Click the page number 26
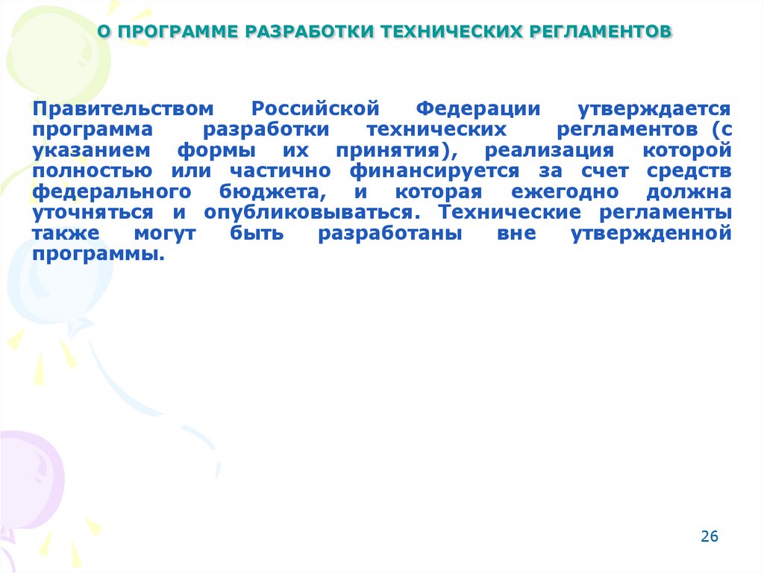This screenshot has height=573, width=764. point(709,536)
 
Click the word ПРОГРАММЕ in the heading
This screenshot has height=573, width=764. point(174,32)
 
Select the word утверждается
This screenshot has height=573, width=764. point(657,108)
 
